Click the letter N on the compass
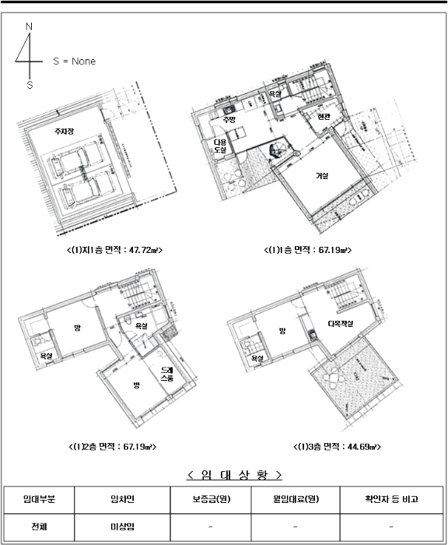30,27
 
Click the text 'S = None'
74,62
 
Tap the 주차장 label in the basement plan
63,132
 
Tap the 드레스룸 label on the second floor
167,373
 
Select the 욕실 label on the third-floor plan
257,358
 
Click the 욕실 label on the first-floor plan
275,94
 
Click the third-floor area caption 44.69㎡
337,447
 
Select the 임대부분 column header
38,499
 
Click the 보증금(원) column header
212,499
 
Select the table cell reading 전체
38,526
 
